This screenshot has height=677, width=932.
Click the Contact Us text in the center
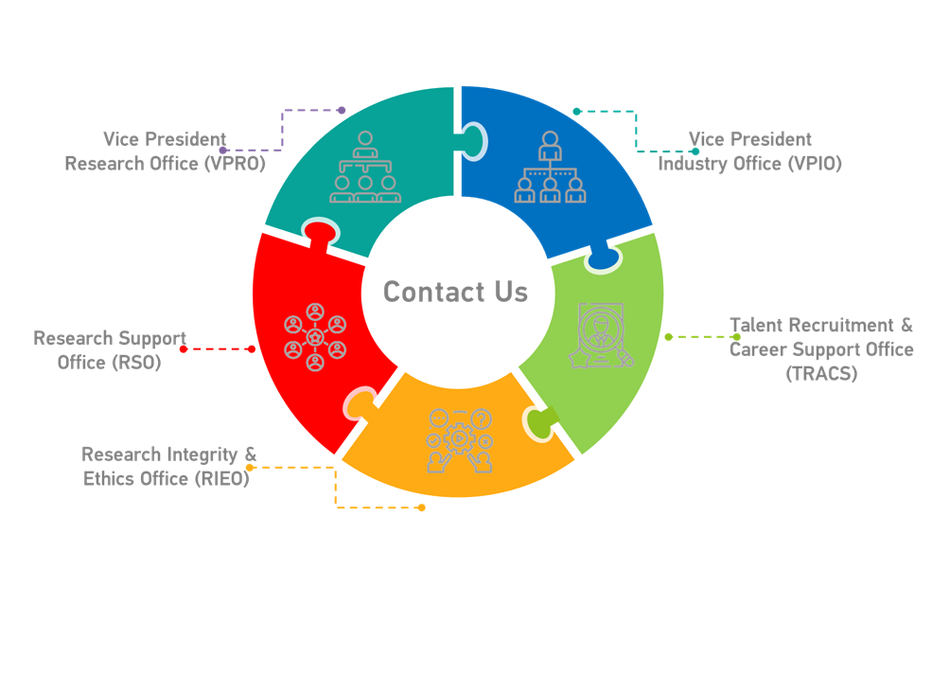click(x=455, y=292)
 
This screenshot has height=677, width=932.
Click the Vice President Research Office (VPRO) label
click(x=165, y=151)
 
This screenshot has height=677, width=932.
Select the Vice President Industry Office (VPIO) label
click(x=749, y=151)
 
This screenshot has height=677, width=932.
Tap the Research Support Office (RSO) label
click(x=110, y=350)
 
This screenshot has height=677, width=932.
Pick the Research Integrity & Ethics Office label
click(x=168, y=467)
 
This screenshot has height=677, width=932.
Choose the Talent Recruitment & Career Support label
click(x=821, y=338)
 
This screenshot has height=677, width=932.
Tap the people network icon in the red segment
click(x=315, y=337)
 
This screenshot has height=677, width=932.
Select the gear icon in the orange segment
click(x=459, y=438)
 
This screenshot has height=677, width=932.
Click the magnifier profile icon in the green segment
click(x=600, y=335)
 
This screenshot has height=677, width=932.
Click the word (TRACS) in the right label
click(x=821, y=374)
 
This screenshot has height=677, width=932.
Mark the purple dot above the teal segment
click(x=342, y=111)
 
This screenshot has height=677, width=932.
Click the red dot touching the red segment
click(x=251, y=349)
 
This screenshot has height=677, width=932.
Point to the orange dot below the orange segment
click(x=422, y=508)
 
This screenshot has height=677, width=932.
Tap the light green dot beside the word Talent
click(x=737, y=336)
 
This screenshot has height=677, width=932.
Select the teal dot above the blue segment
click(x=576, y=111)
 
